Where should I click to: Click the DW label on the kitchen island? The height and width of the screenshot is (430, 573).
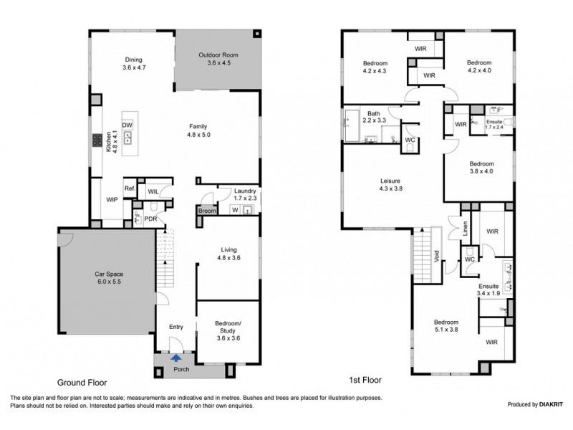[x=127, y=125]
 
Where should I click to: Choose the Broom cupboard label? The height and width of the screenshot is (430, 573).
[x=206, y=211]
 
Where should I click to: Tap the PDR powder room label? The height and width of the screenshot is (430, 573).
[x=150, y=219]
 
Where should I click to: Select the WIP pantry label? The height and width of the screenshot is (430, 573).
[x=112, y=200]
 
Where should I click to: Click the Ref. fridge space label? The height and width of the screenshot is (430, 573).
[x=130, y=189]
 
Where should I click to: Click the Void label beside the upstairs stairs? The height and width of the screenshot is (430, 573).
[x=436, y=256]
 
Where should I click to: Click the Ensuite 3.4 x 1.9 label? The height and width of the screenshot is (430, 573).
[x=489, y=288]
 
